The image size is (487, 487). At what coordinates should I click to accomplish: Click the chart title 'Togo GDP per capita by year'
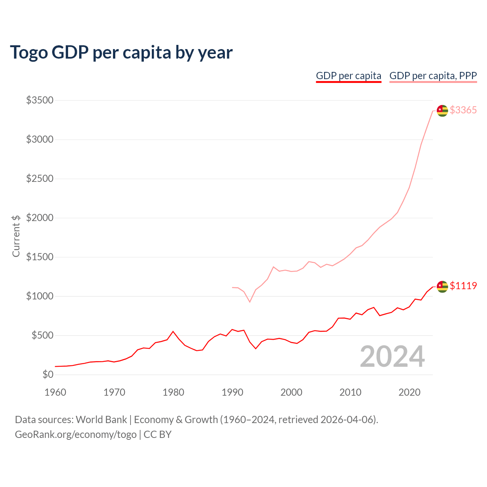(x=121, y=53)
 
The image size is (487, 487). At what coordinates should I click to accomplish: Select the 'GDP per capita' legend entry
(x=349, y=76)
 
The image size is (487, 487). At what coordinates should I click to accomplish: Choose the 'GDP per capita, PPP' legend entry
(x=433, y=76)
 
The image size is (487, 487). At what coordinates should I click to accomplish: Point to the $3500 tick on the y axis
(x=40, y=100)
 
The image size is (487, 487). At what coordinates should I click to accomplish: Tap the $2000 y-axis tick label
(x=40, y=218)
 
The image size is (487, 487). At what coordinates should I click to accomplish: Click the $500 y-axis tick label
(x=42, y=336)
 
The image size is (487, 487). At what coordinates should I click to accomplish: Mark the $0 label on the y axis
(x=48, y=375)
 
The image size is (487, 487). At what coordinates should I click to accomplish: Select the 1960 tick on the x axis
(x=56, y=392)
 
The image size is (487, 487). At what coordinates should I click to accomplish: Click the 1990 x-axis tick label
(x=232, y=392)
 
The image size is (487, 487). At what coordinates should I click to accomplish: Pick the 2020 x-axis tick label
(x=409, y=392)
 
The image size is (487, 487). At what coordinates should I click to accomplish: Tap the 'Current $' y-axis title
(x=16, y=236)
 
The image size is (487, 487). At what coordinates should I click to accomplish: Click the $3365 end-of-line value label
(x=463, y=110)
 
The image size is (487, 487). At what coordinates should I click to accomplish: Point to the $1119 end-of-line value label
(x=463, y=286)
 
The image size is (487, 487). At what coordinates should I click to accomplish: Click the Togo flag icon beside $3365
(x=442, y=111)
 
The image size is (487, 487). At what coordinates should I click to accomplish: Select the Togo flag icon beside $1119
(x=442, y=286)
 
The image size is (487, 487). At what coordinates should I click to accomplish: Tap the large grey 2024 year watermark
(x=392, y=356)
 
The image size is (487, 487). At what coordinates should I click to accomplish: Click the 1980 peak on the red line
(x=173, y=331)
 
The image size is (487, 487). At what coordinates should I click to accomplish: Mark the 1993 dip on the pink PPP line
(x=250, y=302)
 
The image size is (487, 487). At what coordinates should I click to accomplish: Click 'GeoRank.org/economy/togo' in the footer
(x=76, y=434)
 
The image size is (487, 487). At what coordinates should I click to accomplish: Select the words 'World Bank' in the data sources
(x=101, y=420)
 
